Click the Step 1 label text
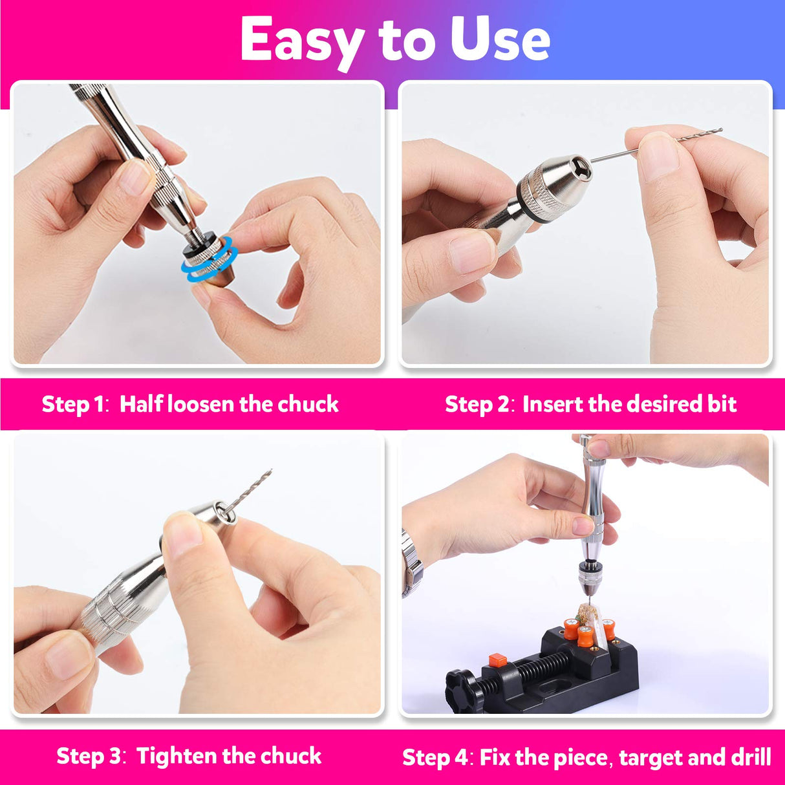pyautogui.click(x=72, y=404)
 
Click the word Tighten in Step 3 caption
pyautogui.click(x=177, y=756)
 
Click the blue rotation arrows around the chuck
pyautogui.click(x=209, y=262)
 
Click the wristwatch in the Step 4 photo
pyautogui.click(x=412, y=563)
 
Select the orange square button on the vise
pyautogui.click(x=497, y=660)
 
